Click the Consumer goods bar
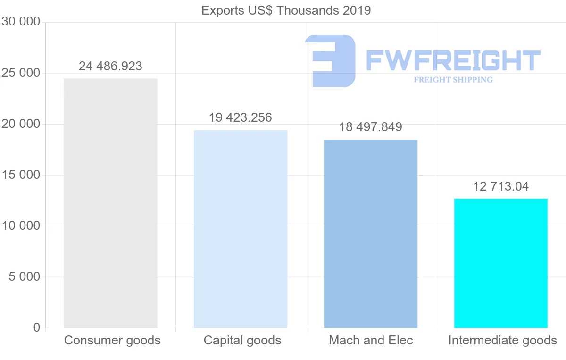110,203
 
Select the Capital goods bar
241,229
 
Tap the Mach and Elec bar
371,234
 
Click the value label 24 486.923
110,66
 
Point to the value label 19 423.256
241,117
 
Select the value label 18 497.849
371,127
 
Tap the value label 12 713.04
501,186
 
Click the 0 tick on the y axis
37,328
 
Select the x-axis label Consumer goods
112,340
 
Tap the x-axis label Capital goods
242,340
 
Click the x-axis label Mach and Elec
371,340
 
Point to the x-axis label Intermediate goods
503,340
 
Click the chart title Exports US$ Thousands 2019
286,10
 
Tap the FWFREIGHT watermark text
453,60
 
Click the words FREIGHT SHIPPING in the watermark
453,80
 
